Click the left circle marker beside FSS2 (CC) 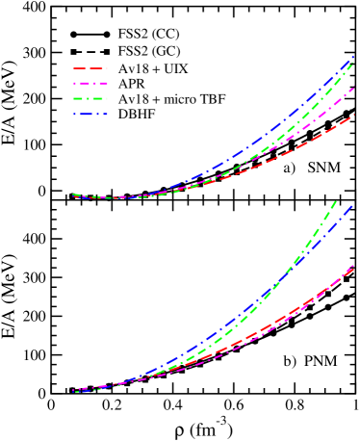74,34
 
